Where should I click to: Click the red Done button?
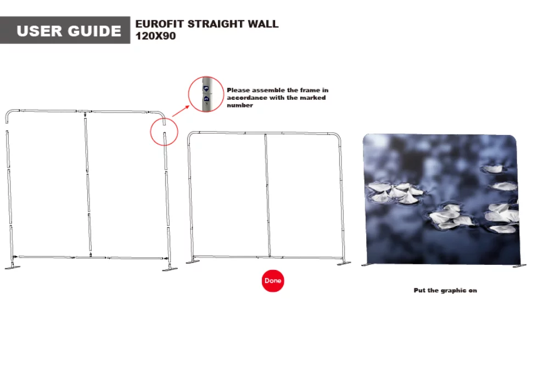pos(273,281)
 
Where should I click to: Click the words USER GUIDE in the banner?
pos(69,31)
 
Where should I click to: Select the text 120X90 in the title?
pos(155,37)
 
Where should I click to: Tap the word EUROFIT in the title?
pos(159,24)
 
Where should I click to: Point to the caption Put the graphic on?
pos(445,290)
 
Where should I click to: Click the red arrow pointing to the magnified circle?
pos(181,110)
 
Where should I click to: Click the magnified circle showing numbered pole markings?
pos(206,95)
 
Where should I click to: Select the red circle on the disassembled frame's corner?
pos(164,131)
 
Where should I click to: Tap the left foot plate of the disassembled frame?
pos(13,267)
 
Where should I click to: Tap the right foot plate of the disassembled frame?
pos(169,268)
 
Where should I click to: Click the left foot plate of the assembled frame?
pos(193,262)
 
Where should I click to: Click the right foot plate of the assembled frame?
pos(344,263)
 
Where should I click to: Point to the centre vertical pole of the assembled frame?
pos(267,195)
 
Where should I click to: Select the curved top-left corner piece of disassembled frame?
pos(10,116)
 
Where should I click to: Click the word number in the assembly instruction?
pos(240,105)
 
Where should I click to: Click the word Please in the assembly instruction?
pos(239,90)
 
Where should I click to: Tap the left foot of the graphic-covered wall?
pos(368,265)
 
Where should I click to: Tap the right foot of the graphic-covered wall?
pos(519,266)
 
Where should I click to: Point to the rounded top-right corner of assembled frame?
pos(337,137)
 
